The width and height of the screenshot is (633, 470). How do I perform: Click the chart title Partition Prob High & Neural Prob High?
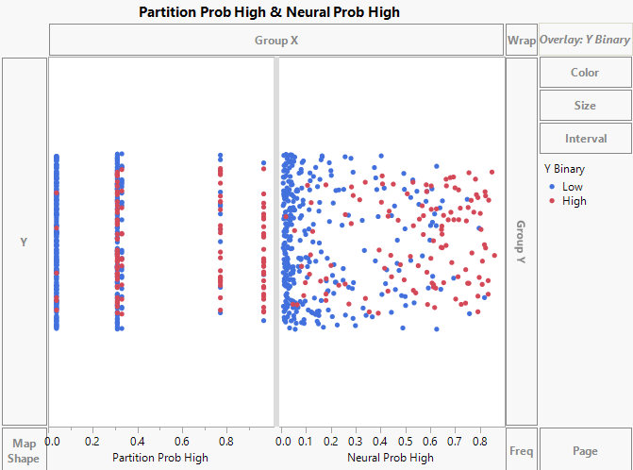[x=269, y=12]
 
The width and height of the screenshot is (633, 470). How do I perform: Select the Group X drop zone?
[x=275, y=41]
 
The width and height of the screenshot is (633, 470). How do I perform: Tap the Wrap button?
[x=521, y=41]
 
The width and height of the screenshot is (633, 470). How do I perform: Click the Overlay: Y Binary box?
[x=585, y=41]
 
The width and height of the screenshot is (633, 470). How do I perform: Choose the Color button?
[x=585, y=73]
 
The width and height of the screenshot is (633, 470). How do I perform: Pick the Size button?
[x=585, y=106]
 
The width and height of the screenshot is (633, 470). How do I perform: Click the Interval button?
[x=585, y=139]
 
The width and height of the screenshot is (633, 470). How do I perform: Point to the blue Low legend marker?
[x=551, y=187]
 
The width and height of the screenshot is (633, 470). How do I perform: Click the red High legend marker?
[x=551, y=201]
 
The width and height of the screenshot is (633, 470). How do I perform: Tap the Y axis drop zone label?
[x=24, y=242]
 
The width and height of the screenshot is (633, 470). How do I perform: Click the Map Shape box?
[x=24, y=450]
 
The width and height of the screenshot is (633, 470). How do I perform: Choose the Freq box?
[x=521, y=450]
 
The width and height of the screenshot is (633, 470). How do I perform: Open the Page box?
[x=585, y=450]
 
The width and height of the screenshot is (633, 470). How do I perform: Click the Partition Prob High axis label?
[x=160, y=458]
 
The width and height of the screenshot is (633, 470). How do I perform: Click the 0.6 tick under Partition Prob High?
[x=183, y=441]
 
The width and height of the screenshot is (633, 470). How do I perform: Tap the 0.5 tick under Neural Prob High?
[x=406, y=441]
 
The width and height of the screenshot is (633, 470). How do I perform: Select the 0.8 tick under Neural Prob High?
[x=479, y=441]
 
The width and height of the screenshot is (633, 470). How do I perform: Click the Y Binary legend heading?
[x=565, y=170]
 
